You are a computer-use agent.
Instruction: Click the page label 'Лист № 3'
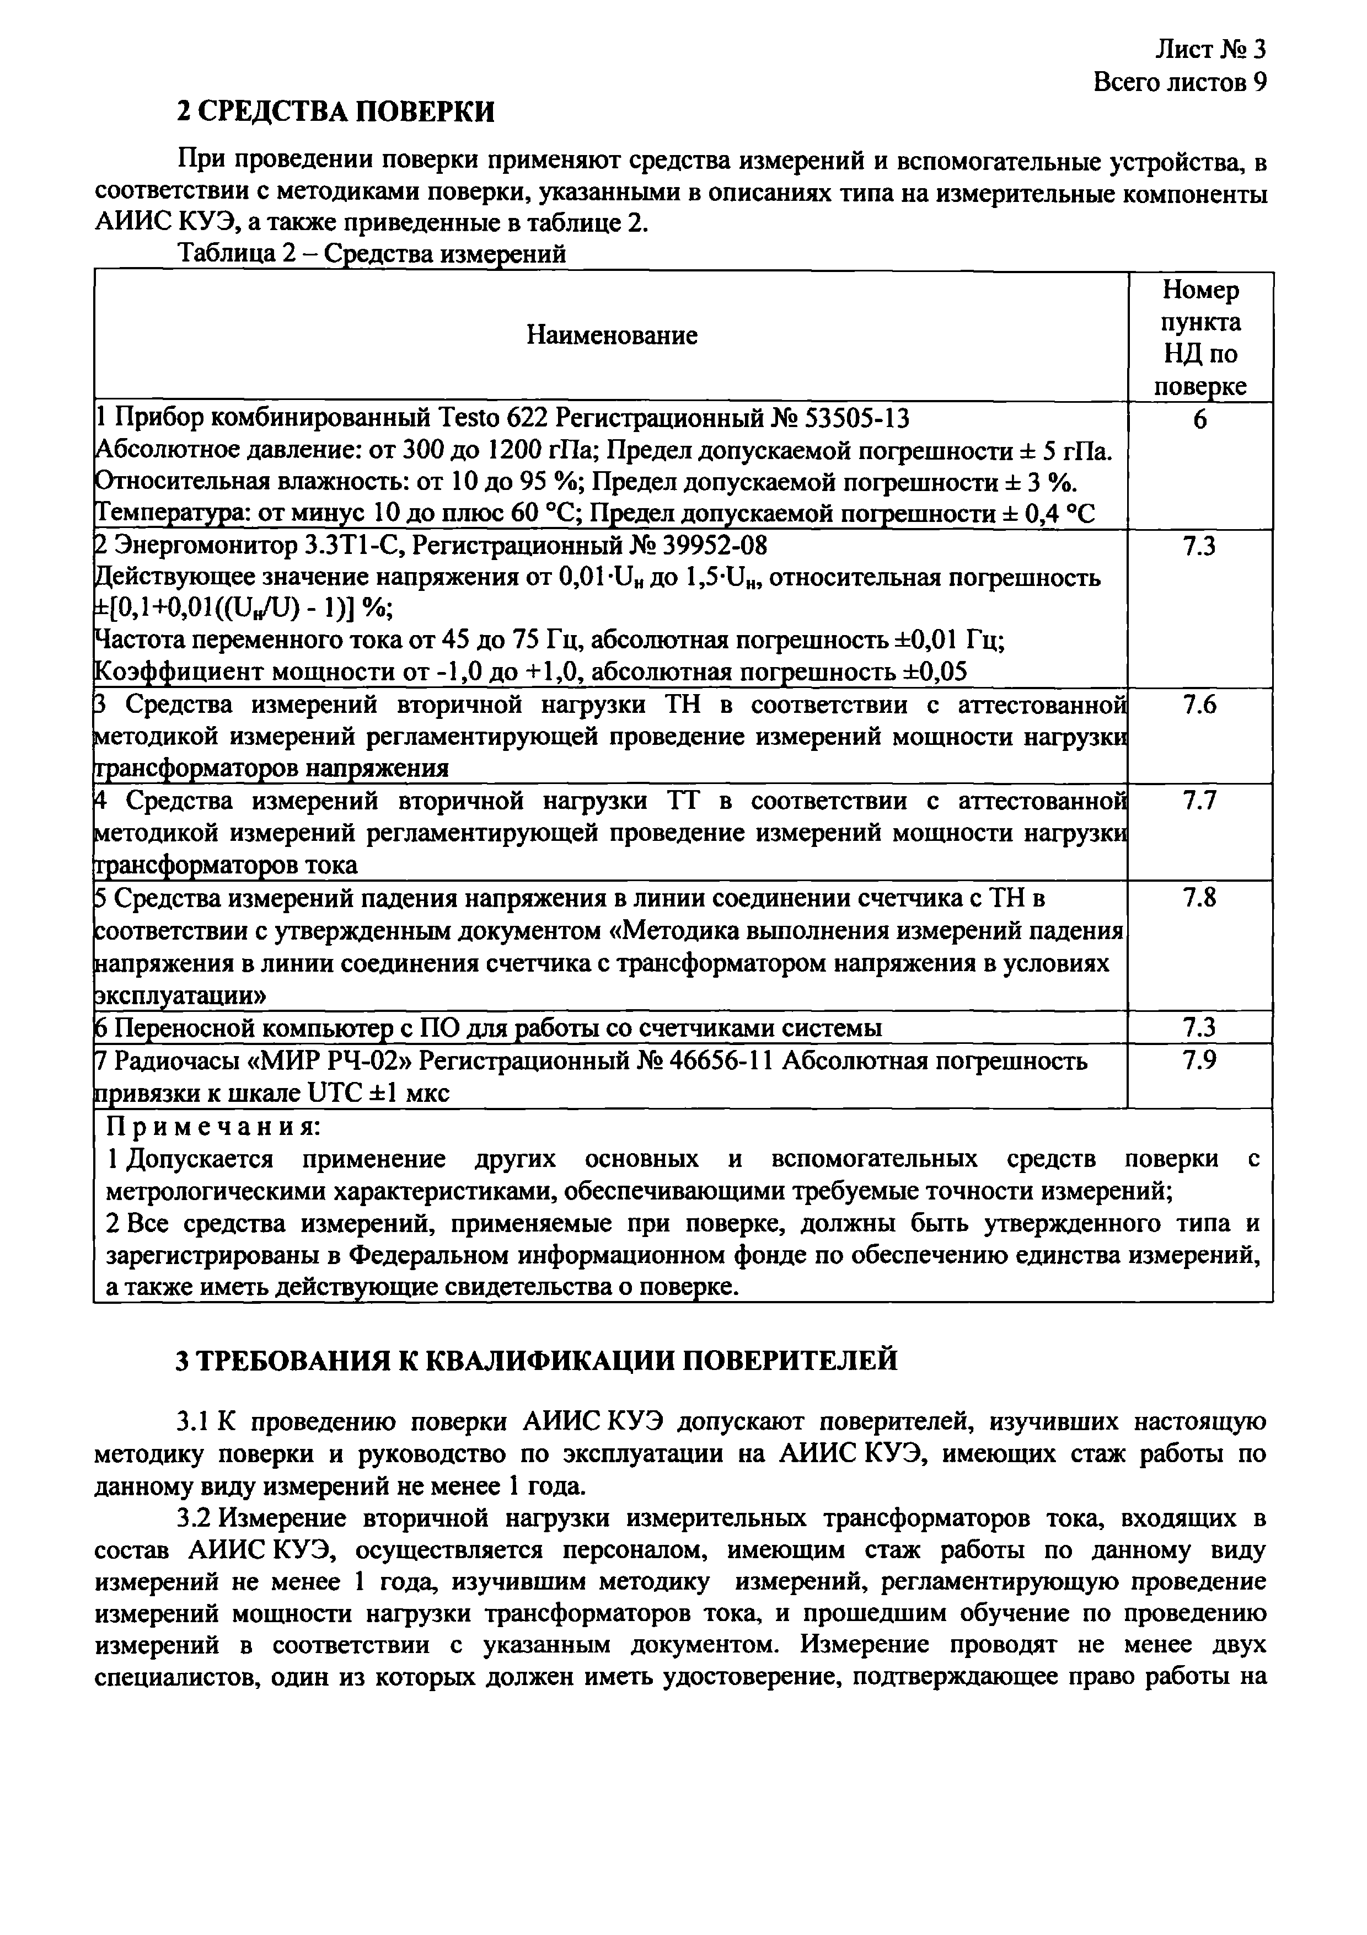point(1209,50)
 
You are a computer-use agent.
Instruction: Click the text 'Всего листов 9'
point(1179,83)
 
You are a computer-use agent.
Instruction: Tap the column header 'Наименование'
point(612,335)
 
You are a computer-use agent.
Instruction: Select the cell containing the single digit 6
point(1199,419)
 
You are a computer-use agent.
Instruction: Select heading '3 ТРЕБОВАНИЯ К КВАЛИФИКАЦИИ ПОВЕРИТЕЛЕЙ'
point(537,1360)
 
